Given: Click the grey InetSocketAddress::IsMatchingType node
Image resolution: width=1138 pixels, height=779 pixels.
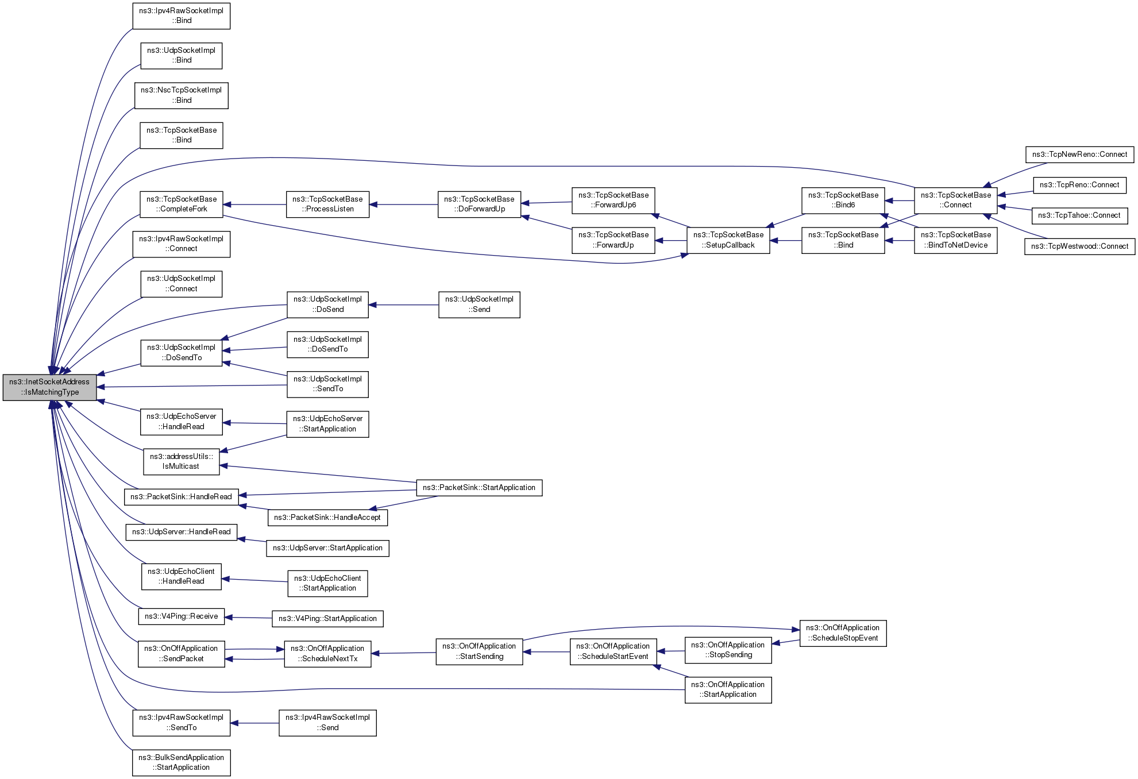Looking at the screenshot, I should (x=49, y=387).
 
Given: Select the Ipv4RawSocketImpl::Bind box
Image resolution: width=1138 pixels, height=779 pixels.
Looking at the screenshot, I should (x=181, y=16).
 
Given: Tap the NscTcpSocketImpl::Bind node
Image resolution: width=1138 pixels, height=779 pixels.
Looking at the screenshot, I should (x=181, y=95).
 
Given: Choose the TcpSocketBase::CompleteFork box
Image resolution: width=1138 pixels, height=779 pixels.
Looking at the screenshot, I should (x=181, y=204).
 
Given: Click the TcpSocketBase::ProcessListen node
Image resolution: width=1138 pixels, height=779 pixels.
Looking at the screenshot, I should (x=327, y=204).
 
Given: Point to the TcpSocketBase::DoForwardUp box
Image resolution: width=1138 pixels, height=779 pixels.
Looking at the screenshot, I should (x=479, y=204).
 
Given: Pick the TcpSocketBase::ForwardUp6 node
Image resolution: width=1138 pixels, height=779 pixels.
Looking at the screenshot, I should (x=613, y=200).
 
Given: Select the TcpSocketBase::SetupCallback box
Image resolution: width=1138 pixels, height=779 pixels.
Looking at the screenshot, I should (x=728, y=240).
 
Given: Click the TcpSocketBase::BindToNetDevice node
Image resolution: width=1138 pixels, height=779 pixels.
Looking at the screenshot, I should (x=955, y=240).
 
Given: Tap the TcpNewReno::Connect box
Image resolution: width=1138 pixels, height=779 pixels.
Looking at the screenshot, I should (x=1079, y=154).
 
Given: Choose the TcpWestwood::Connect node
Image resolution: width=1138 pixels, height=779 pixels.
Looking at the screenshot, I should (x=1079, y=246).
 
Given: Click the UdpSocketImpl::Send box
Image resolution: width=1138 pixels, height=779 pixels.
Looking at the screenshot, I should (x=479, y=304).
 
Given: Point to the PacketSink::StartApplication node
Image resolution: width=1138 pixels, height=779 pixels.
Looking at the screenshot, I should (x=479, y=488).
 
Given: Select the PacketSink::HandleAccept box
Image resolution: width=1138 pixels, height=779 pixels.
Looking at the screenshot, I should (x=327, y=518).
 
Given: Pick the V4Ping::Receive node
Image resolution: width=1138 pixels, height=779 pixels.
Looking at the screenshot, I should (x=181, y=616).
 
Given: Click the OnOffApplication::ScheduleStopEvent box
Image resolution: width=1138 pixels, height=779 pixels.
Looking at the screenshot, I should (x=843, y=633).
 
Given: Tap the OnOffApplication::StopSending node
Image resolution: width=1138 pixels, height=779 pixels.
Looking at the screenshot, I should (x=728, y=650).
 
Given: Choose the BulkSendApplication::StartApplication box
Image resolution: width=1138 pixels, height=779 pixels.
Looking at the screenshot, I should (x=181, y=762).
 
